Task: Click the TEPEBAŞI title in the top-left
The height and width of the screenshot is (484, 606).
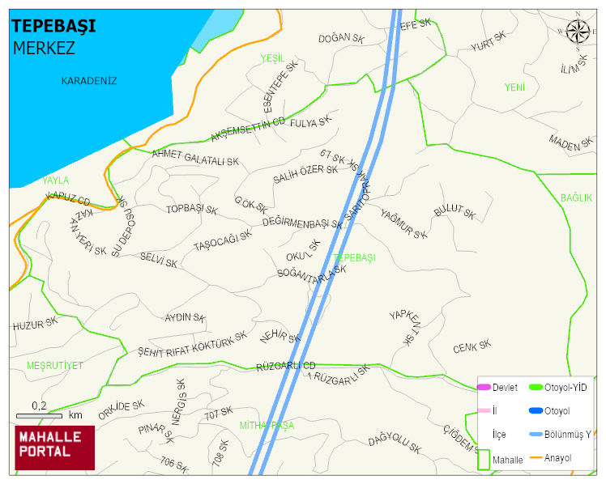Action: (x=53, y=26)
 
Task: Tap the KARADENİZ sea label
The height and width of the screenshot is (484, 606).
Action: (x=89, y=81)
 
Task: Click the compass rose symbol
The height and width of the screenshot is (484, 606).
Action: (x=578, y=31)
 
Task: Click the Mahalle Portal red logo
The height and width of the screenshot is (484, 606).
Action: (x=54, y=448)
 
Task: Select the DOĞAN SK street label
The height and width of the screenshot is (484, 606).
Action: (x=341, y=38)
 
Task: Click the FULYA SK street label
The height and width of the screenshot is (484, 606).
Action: (x=311, y=123)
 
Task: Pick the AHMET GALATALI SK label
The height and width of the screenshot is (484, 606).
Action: (x=195, y=157)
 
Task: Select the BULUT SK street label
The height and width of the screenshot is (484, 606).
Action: (x=454, y=212)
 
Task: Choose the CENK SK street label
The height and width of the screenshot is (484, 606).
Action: (x=472, y=347)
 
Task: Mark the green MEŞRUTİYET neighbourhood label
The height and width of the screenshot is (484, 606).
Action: (x=54, y=366)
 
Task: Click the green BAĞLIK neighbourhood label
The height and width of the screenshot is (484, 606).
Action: (x=576, y=197)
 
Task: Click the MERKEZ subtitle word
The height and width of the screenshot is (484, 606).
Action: (x=44, y=48)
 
